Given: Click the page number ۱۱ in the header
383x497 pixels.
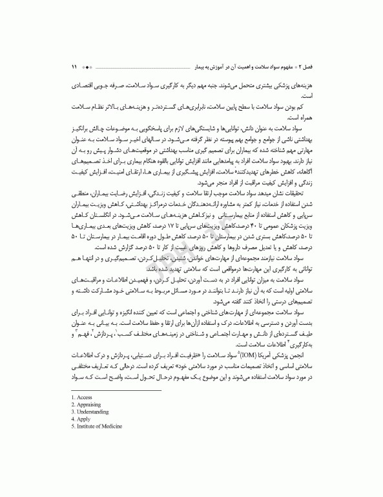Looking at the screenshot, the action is tap(74, 66).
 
